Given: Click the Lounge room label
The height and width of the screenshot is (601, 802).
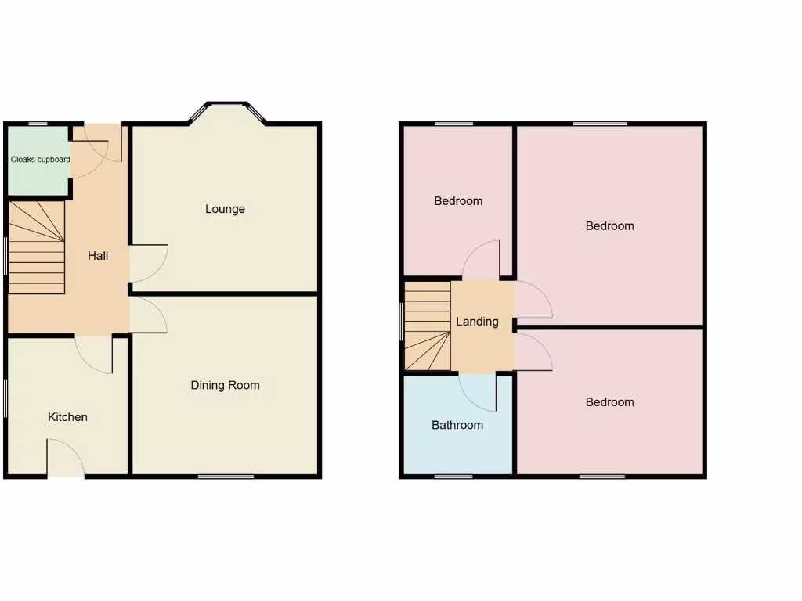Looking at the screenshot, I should (x=225, y=209).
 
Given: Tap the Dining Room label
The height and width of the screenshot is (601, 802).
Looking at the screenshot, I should (x=225, y=385).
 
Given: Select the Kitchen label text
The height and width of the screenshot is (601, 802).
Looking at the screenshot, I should (x=67, y=417).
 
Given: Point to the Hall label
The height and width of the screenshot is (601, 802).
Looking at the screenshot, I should (x=98, y=256).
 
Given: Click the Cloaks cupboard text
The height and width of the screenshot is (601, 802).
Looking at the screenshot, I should (x=40, y=160).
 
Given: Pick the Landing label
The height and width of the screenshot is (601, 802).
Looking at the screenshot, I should (x=477, y=322).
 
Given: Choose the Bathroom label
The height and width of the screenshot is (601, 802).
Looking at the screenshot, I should (x=457, y=426).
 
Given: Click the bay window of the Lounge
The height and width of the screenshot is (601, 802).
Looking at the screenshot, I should (x=227, y=105).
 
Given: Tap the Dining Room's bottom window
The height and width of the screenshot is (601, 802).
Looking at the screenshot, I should (x=226, y=476).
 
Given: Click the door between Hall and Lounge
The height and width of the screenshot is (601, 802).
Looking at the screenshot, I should (x=148, y=263).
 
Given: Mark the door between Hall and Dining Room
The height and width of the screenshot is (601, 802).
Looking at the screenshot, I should (x=148, y=315).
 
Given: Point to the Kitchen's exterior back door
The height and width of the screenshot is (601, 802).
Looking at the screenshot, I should (x=66, y=458).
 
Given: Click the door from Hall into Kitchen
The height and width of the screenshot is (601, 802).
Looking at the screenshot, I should (x=95, y=353).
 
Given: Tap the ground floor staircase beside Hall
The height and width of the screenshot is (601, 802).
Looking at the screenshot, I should (x=37, y=247).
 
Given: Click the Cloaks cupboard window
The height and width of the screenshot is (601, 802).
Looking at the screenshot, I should (x=38, y=124).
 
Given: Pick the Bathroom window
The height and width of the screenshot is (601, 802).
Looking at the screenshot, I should (x=453, y=476).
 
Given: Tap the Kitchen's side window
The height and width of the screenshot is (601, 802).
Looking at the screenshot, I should (x=6, y=399).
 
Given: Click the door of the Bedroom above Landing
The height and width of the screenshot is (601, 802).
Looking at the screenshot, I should (x=482, y=260).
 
